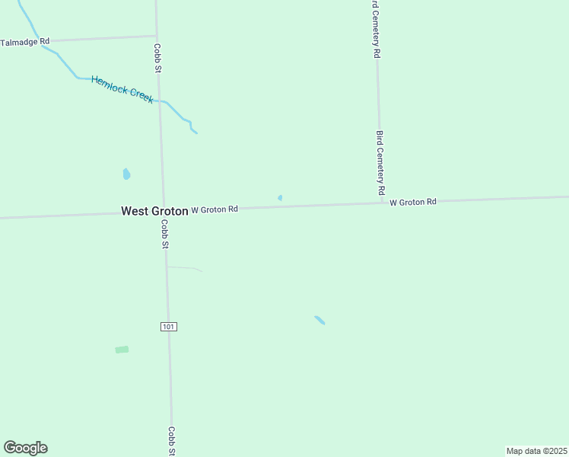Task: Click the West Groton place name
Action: click(x=154, y=211)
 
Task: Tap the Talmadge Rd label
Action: click(x=25, y=41)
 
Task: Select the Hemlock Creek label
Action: click(x=122, y=89)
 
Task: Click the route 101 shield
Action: click(x=169, y=326)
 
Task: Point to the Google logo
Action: click(x=25, y=448)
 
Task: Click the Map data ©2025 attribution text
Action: click(x=536, y=451)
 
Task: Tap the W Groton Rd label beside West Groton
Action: click(x=215, y=209)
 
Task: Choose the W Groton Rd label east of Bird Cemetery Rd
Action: click(x=413, y=202)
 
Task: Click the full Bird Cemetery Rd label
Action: click(x=380, y=161)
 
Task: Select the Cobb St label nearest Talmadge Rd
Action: click(x=158, y=57)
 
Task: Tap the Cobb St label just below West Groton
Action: click(x=164, y=234)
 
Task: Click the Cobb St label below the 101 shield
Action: click(x=173, y=440)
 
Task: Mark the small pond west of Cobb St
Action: click(x=126, y=174)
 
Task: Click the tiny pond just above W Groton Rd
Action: click(x=280, y=198)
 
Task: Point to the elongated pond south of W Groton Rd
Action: click(x=319, y=320)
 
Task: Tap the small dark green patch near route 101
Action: click(x=122, y=350)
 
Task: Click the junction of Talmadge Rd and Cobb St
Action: click(x=157, y=36)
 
